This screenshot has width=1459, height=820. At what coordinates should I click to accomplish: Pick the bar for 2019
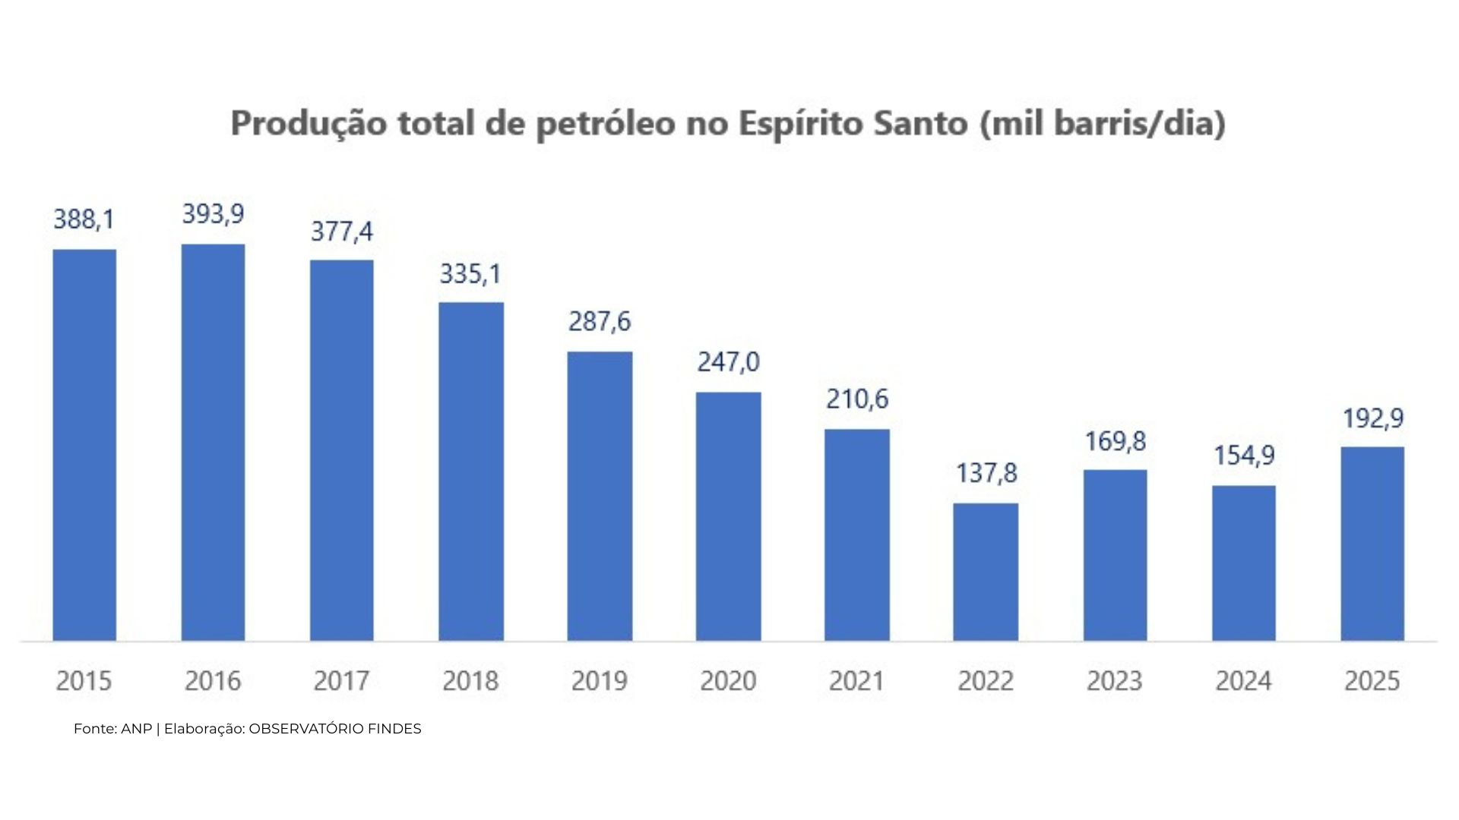600,497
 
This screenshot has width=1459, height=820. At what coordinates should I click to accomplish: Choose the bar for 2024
1243,563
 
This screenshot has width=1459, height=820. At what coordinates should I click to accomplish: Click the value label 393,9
213,214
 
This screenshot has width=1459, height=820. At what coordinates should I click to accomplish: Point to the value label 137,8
986,473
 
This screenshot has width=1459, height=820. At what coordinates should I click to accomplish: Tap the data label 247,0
728,361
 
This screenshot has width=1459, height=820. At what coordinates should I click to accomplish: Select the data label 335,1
470,273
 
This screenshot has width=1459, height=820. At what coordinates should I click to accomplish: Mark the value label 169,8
1115,441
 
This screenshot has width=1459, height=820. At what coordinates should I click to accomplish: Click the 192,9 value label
1372,418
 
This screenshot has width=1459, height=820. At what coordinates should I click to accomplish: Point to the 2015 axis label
84,680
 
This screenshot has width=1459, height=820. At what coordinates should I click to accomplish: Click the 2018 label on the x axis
470,680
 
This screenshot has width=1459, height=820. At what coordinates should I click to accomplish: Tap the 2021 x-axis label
856,680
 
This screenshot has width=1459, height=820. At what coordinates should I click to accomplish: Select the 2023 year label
1114,680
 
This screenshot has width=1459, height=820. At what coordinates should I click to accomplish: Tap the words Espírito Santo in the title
853,124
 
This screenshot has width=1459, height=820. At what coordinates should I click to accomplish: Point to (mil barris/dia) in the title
1103,124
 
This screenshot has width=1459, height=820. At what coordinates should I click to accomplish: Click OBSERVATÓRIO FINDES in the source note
335,729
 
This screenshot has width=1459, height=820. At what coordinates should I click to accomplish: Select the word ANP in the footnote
136,729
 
